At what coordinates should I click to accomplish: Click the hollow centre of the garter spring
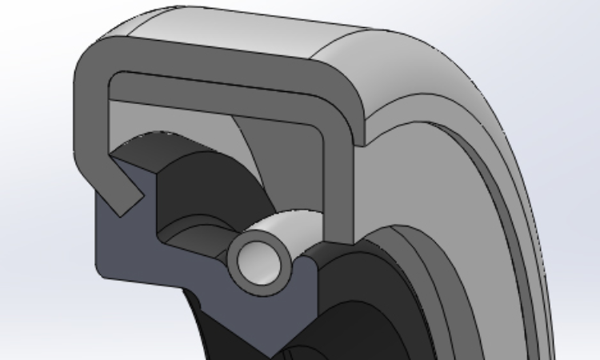(x=258, y=260)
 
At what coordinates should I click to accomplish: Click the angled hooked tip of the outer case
(x=124, y=198)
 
